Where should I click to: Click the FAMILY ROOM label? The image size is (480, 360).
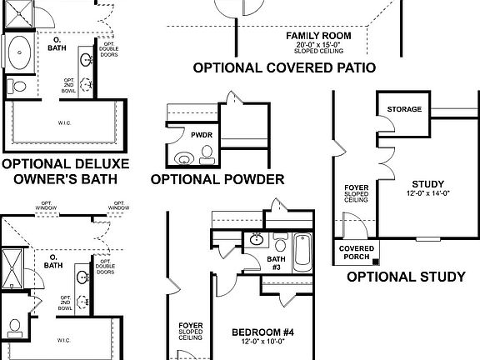point(318,36)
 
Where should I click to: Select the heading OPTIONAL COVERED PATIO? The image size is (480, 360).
point(284,67)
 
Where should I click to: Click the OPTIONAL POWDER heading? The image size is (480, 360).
point(217,179)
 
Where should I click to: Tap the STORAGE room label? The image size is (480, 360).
point(404,109)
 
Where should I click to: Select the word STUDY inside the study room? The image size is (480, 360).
point(427,184)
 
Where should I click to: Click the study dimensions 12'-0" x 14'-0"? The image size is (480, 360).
point(427,193)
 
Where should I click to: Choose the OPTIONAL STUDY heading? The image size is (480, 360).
point(405,277)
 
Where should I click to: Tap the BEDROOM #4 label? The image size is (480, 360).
point(262,332)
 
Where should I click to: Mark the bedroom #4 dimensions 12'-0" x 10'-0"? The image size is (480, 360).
point(262,342)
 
